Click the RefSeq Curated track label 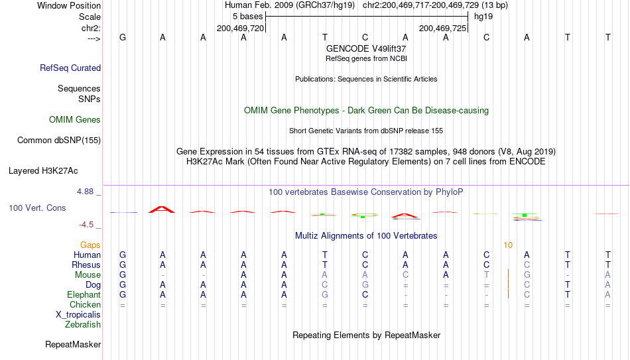click(x=70, y=68)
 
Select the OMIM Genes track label click(x=75, y=120)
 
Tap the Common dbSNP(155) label click(x=59, y=141)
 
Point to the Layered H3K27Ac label click(x=43, y=171)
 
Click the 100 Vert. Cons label click(x=37, y=208)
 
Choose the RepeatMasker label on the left click(x=73, y=344)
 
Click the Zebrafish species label click(x=83, y=324)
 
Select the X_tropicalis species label click(x=78, y=315)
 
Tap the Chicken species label click(x=85, y=304)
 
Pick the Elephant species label click(x=84, y=294)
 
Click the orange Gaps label click(x=90, y=245)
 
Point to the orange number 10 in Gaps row click(x=508, y=245)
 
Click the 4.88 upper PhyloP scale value click(x=85, y=192)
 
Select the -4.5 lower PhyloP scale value click(x=86, y=225)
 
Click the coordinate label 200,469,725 click(x=442, y=28)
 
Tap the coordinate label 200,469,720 click(x=240, y=28)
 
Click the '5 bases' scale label click(x=247, y=17)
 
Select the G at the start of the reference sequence click(x=123, y=37)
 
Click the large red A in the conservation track click(x=162, y=210)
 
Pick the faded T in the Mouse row click(x=486, y=275)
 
